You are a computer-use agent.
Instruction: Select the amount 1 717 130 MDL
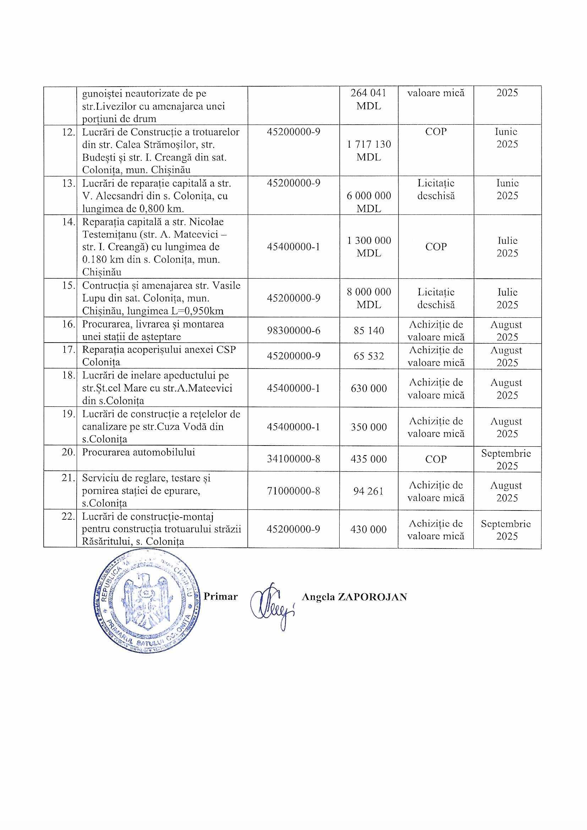369,151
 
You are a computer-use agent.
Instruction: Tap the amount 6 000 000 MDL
369,202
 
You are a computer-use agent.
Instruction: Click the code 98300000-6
293,331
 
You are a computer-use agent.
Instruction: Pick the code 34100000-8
293,459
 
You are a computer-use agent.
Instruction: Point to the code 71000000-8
293,491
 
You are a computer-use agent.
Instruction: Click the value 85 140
369,331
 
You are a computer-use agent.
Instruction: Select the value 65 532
369,356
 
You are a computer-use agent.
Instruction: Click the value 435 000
369,459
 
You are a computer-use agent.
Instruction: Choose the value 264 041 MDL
369,99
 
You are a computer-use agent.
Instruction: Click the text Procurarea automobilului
138,452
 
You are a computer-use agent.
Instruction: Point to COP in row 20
436,459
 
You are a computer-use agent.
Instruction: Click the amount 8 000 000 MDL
369,298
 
